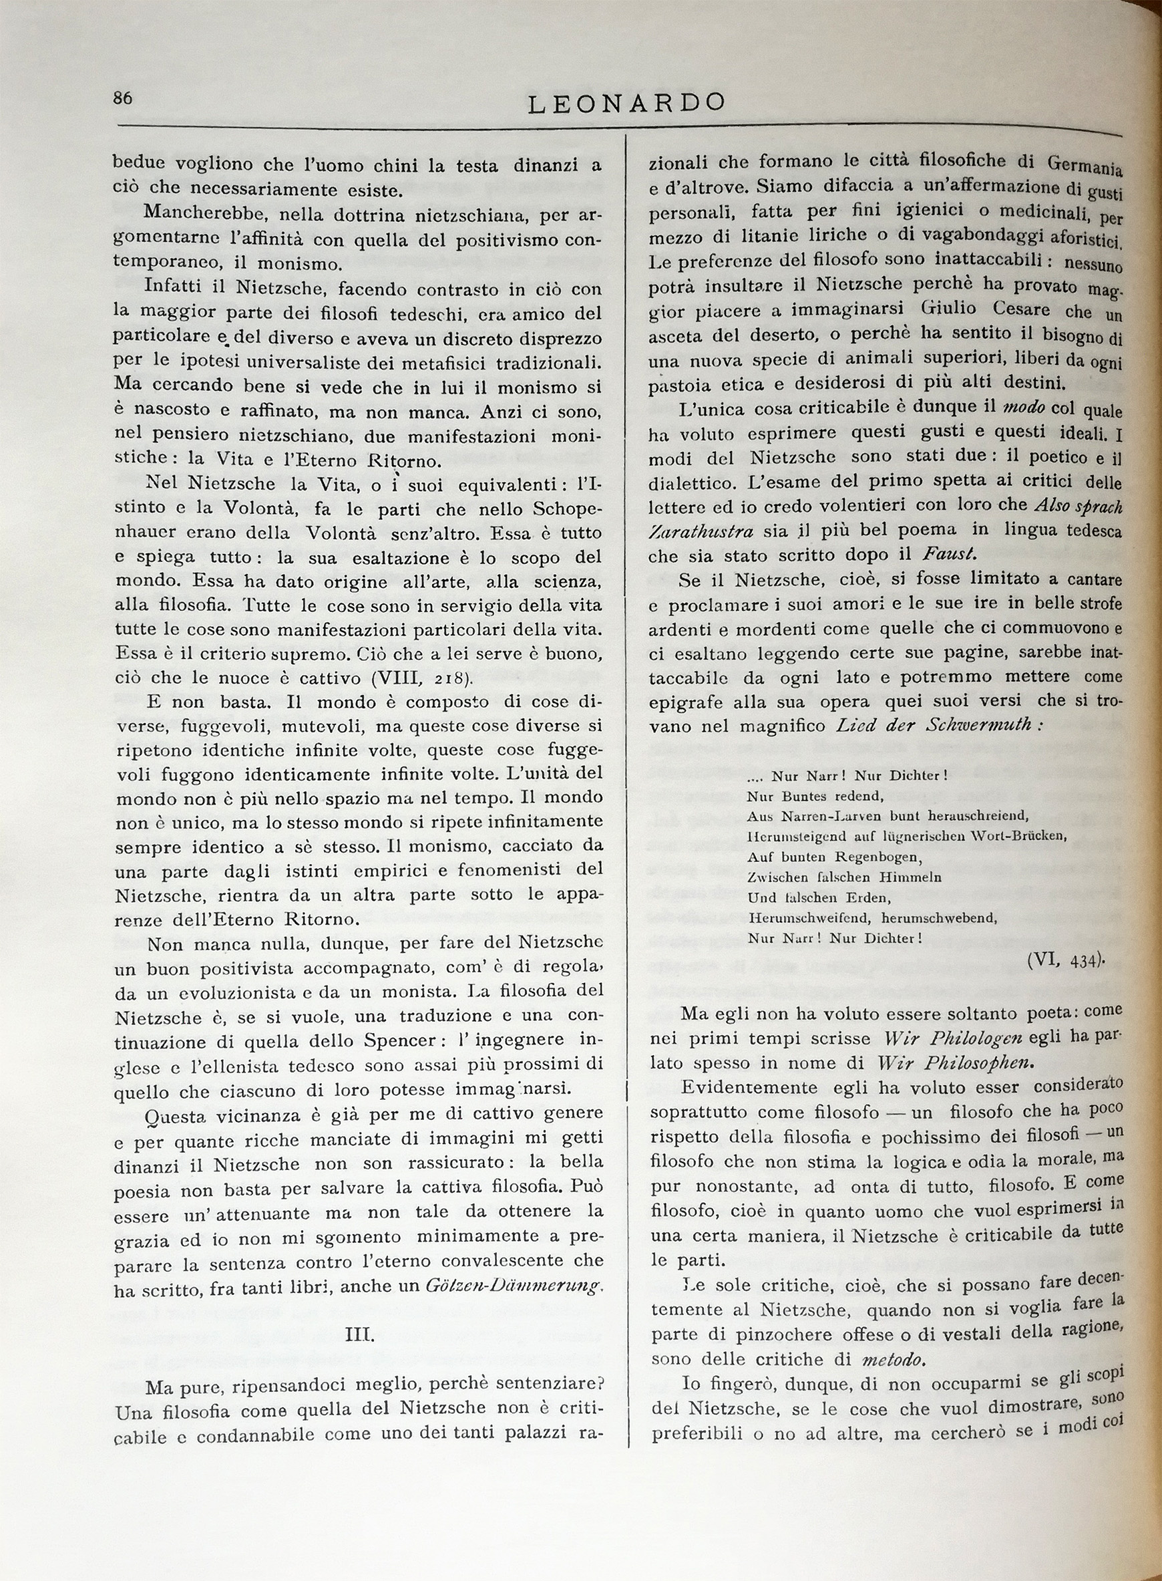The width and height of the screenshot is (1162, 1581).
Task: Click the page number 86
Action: tap(122, 98)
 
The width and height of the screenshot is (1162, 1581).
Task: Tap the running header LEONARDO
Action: tap(626, 104)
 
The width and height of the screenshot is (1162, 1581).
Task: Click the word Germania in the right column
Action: tap(1085, 166)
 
